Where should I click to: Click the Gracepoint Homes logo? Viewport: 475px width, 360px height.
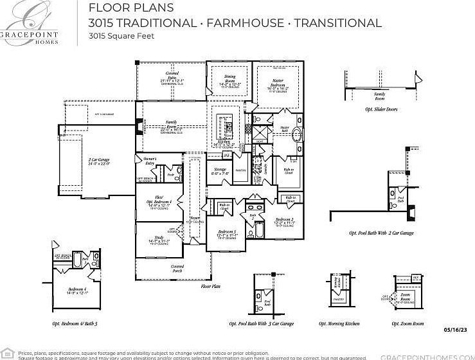pos(28,22)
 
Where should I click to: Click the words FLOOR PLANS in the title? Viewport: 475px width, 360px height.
pos(130,8)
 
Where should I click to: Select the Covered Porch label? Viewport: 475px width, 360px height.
pos(177,269)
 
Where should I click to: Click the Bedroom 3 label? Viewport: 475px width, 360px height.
pos(226,233)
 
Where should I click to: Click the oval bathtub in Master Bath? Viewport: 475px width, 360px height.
pos(297,136)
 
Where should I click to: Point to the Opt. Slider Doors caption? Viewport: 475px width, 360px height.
pos(381,109)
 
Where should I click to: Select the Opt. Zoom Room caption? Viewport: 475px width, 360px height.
pos(408,323)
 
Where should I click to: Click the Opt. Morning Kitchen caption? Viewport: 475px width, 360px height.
pos(339,323)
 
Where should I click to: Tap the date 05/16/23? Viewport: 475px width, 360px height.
pos(456,329)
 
